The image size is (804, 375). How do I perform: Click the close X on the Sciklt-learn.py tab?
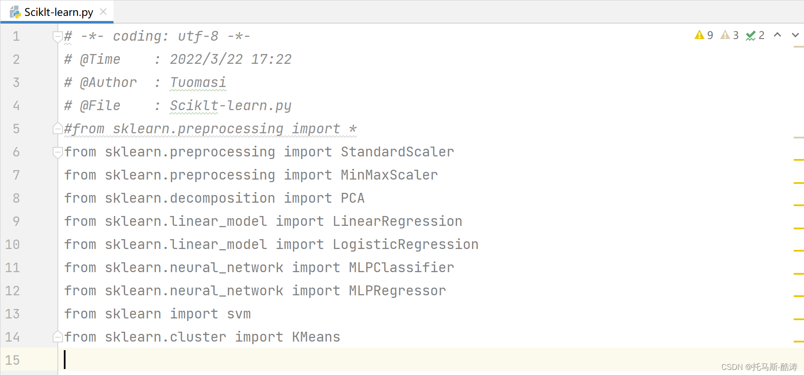(x=103, y=12)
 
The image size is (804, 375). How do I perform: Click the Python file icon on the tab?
(x=15, y=12)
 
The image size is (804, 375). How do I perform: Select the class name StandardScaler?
(x=397, y=152)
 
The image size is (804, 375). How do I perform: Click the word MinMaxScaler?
(x=389, y=175)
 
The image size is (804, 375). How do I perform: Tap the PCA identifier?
(x=353, y=198)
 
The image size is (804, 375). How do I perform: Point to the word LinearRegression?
(x=397, y=221)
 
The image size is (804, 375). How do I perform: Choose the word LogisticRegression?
(x=405, y=244)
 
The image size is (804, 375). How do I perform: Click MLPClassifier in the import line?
(x=401, y=267)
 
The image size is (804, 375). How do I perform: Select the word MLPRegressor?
(x=397, y=291)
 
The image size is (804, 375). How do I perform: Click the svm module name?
(x=239, y=314)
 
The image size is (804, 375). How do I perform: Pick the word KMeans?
(x=316, y=337)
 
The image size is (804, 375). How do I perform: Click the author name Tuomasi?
(x=198, y=82)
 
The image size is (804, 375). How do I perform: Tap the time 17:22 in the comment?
(x=271, y=59)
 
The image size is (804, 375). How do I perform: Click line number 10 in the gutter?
(x=12, y=244)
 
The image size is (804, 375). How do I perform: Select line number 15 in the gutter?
(x=12, y=360)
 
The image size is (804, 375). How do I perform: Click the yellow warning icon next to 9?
(x=699, y=35)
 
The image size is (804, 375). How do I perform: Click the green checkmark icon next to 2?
(x=750, y=36)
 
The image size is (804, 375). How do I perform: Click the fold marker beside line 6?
(x=57, y=152)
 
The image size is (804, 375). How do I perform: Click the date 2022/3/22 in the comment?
(x=206, y=59)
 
